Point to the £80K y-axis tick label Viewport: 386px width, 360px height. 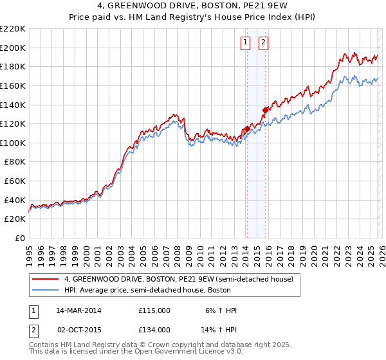click(14, 162)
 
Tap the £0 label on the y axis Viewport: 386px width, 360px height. click(19, 239)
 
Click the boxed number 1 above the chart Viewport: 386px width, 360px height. click(246, 43)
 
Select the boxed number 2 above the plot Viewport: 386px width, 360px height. click(264, 43)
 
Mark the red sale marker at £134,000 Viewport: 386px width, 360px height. click(264, 110)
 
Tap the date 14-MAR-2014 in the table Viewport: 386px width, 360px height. click(79, 310)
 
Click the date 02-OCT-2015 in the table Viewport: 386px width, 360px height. click(79, 329)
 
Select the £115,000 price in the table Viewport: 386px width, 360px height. click(154, 310)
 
